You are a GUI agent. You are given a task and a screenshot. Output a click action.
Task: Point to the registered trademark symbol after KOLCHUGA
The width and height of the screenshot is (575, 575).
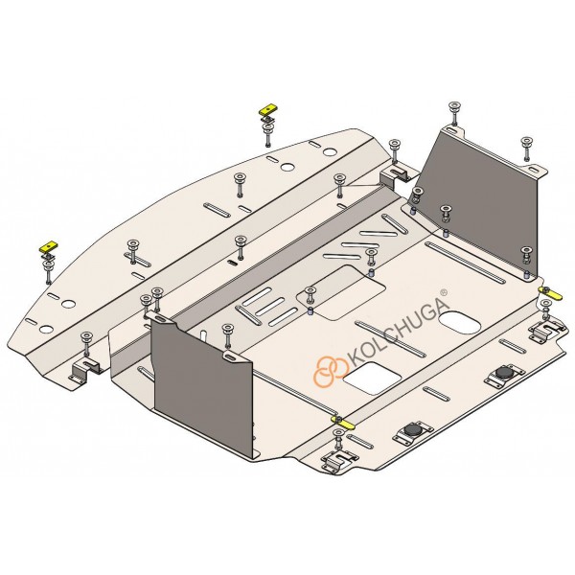tap(444, 292)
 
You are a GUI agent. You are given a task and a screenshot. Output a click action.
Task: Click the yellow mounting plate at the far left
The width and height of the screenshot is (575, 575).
tap(49, 246)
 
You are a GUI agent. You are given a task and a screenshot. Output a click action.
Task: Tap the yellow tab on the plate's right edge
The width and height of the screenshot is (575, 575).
tap(549, 292)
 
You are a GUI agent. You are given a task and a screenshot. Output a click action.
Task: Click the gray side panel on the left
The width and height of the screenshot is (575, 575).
tap(202, 382)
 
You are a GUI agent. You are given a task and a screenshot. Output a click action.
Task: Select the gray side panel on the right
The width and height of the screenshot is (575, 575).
tap(481, 198)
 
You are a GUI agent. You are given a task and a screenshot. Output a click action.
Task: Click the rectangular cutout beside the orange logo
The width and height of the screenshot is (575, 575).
tap(369, 379)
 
